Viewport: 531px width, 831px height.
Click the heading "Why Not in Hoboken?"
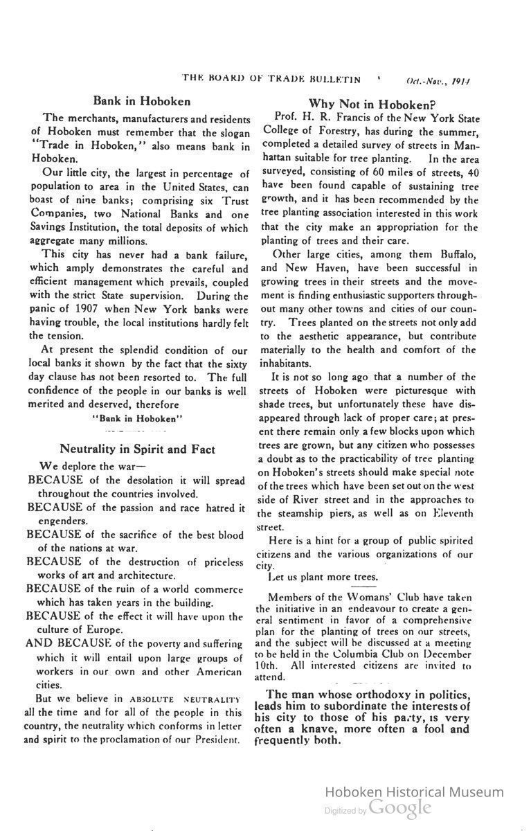(372, 105)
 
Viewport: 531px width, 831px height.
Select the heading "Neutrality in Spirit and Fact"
(137, 449)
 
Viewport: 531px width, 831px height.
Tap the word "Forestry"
(328, 132)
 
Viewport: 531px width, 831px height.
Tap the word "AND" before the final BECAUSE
(39, 644)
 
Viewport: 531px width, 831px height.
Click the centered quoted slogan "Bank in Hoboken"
(137, 418)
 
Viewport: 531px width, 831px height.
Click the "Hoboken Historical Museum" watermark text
(414, 792)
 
